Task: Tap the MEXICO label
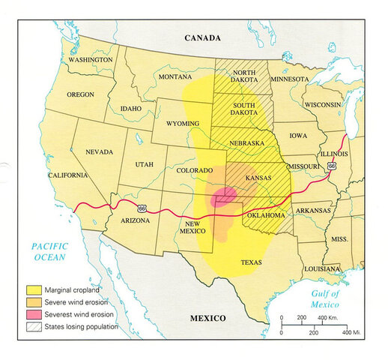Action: (207, 318)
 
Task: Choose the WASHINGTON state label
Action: (91, 59)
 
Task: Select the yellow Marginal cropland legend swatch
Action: (35, 288)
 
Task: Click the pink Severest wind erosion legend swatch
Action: (35, 315)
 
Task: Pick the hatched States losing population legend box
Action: (35, 328)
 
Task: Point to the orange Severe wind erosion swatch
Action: (35, 301)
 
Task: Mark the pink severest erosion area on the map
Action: (222, 198)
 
